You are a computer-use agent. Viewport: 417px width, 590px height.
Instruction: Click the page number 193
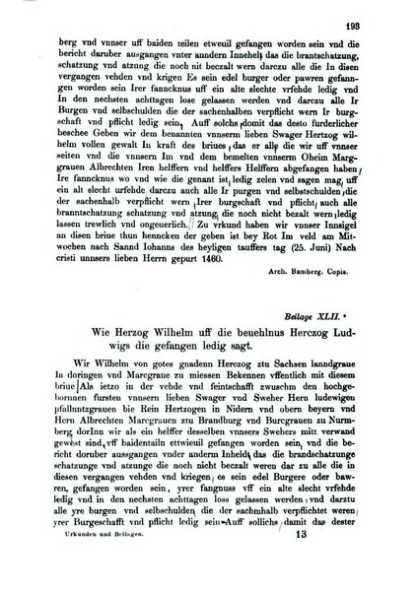click(379, 11)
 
